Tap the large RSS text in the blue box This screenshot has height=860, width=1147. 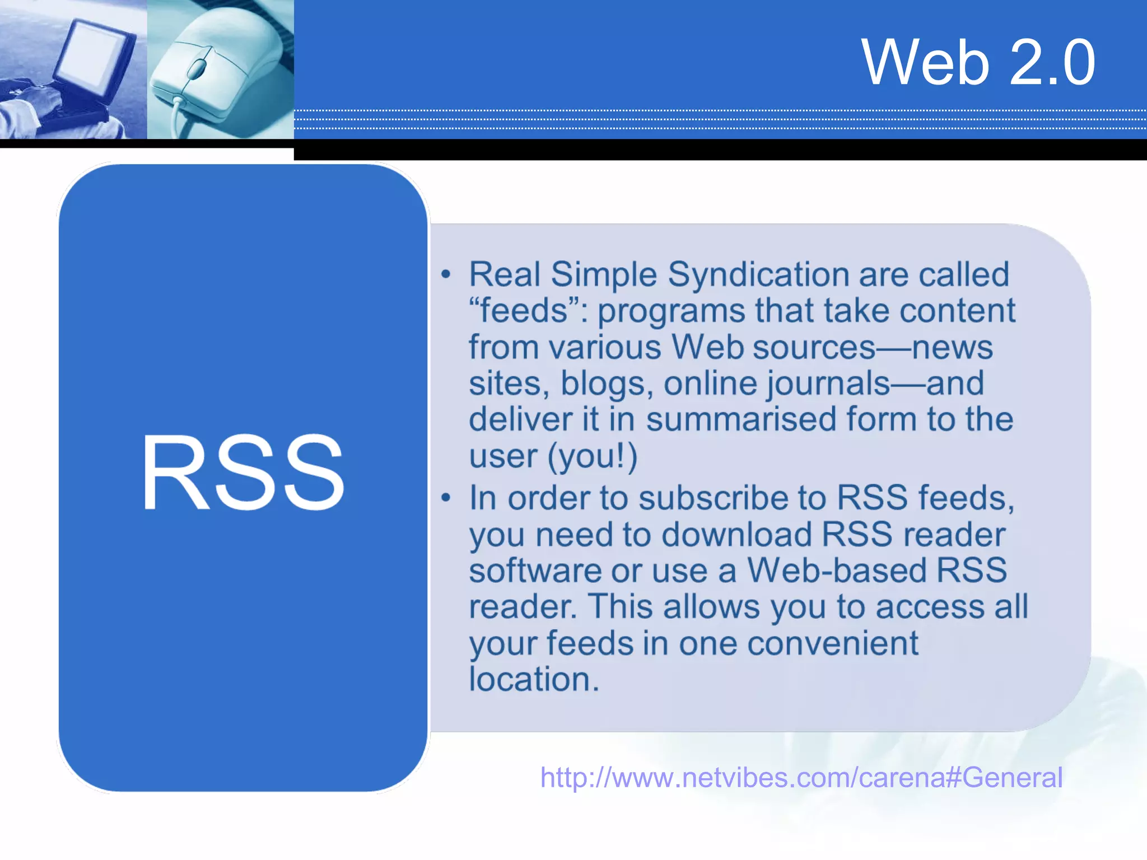243,474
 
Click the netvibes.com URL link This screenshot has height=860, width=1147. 801,777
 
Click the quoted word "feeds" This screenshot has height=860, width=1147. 524,311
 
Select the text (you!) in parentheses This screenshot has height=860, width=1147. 593,456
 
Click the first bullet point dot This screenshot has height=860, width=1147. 446,274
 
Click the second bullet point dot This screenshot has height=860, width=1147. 446,498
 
